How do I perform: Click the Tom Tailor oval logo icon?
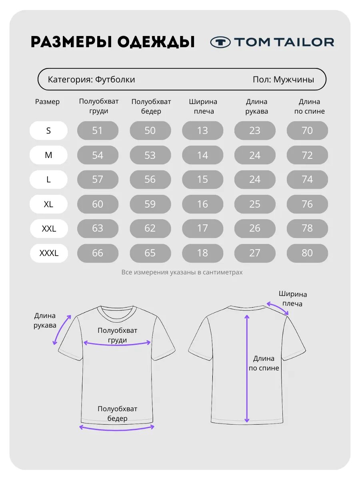[220, 42]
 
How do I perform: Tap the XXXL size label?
[49, 253]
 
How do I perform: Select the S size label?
[48, 130]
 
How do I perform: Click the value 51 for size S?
[98, 130]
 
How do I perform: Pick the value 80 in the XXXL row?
[307, 253]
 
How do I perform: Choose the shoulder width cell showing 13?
[203, 130]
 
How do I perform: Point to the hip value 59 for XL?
[150, 204]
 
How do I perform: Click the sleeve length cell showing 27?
[255, 253]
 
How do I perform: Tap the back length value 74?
[307, 180]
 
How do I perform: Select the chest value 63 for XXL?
[98, 228]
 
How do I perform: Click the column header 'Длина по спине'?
[310, 106]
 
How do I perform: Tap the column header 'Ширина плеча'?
[203, 106]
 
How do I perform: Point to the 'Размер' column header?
[47, 102]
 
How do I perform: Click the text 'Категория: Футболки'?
[91, 79]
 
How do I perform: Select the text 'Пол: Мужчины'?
[283, 79]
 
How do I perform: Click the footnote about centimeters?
[182, 272]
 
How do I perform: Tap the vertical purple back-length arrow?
[247, 368]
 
